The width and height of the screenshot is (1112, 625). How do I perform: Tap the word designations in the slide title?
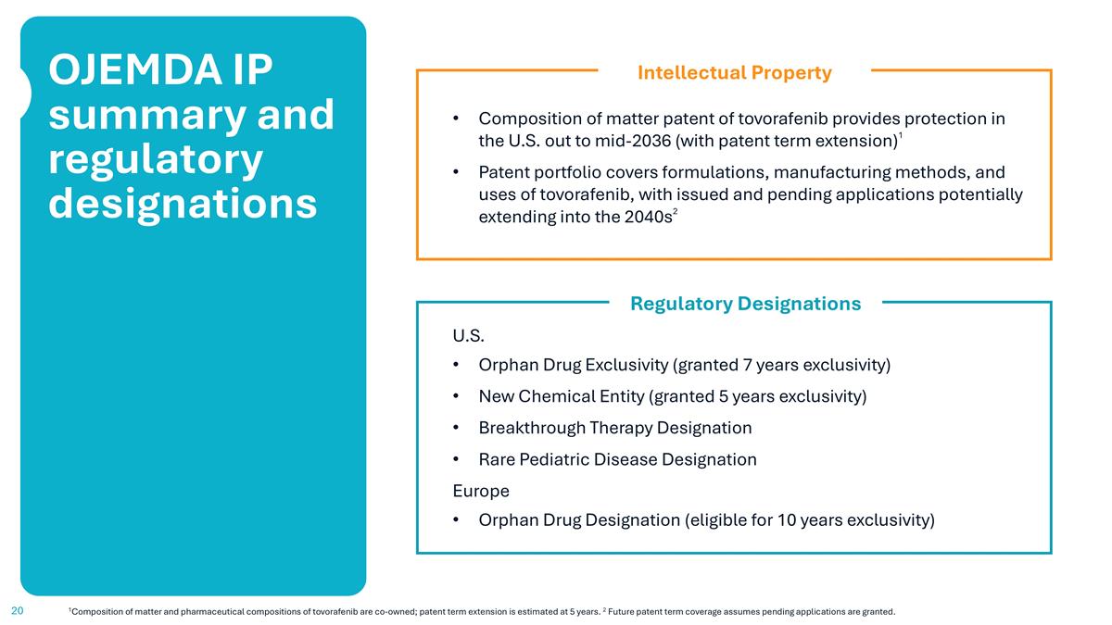click(183, 203)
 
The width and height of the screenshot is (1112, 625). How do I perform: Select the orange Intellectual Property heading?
click(734, 72)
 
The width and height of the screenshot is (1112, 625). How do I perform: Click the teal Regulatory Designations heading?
click(745, 304)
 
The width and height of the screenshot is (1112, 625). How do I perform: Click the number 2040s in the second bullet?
click(640, 219)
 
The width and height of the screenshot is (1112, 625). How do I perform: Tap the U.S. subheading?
click(468, 334)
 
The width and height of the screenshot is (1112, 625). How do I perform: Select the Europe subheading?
click(480, 491)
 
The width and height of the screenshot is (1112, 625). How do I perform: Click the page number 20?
click(17, 611)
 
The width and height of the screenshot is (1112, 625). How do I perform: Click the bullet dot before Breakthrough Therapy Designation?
click(455, 429)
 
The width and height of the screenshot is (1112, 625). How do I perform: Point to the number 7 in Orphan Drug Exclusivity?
click(746, 365)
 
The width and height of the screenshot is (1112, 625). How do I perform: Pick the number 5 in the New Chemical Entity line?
click(722, 396)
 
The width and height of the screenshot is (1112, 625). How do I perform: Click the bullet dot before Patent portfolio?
click(455, 173)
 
